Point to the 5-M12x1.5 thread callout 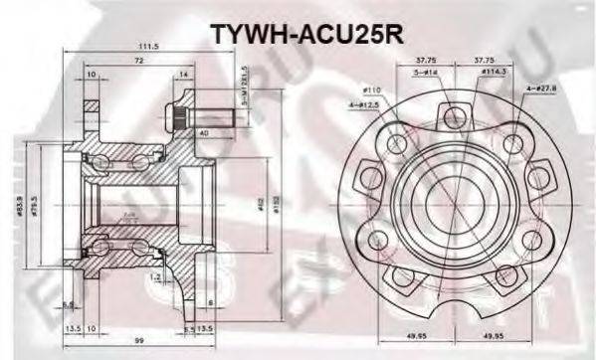tap(243, 81)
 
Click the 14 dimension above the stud tap(185, 75)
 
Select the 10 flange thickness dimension tap(91, 75)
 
